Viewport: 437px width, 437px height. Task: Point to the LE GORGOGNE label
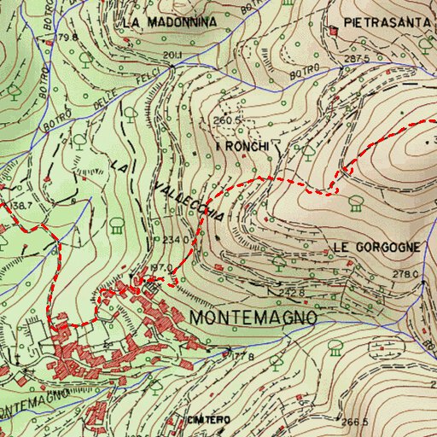376,247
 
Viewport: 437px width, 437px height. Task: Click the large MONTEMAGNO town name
255,317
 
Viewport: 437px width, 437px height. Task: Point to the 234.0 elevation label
175,241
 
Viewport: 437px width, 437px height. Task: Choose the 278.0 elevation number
406,274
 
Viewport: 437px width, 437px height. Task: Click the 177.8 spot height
244,355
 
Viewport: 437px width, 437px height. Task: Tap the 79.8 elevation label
68,38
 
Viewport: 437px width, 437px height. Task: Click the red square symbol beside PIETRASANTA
335,31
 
